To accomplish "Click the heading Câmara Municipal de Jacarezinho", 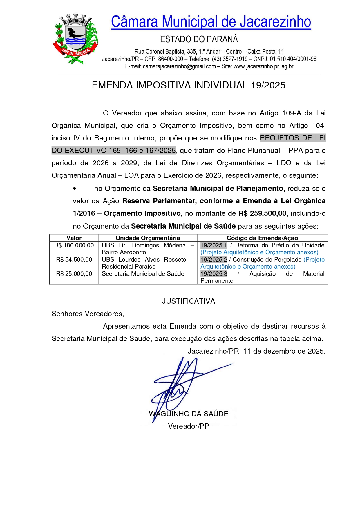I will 211,22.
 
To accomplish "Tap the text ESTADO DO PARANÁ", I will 199,39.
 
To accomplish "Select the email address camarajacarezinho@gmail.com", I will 179,66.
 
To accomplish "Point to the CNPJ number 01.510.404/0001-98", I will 293,59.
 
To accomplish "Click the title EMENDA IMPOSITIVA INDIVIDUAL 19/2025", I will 189,85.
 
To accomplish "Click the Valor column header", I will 74,238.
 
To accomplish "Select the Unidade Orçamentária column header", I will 148,238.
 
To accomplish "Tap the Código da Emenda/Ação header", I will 262,238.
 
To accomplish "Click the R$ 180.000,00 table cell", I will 74,245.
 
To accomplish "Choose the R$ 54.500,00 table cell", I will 74,260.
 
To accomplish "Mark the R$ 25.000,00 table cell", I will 74,274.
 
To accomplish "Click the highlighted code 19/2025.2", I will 214,260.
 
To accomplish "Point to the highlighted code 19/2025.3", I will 214,274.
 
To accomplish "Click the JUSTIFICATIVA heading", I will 189,301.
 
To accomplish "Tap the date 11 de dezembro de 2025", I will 284,351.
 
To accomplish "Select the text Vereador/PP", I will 189,426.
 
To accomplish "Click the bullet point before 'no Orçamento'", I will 75,189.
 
